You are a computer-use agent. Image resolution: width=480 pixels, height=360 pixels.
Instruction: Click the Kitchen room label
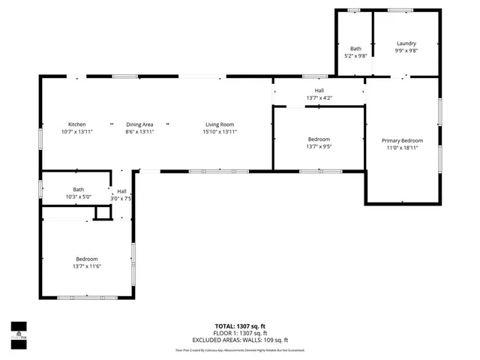tap(77, 124)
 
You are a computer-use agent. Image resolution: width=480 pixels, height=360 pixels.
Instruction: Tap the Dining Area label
tap(139, 124)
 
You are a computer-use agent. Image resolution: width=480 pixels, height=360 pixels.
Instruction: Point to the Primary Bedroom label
tap(402, 141)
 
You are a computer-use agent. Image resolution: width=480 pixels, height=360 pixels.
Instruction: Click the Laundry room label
tap(406, 43)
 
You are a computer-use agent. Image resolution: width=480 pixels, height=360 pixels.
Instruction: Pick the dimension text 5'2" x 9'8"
tap(355, 55)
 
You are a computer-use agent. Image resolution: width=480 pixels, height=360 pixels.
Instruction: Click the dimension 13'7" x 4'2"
tap(319, 98)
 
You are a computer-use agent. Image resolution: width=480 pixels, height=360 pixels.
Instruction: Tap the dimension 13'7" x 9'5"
tap(319, 147)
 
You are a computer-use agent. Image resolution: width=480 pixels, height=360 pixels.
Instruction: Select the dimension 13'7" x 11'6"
tap(87, 266)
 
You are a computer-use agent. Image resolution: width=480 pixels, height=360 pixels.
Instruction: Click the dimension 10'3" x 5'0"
tap(79, 196)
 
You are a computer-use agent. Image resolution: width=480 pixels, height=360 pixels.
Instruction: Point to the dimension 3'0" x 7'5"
tap(122, 199)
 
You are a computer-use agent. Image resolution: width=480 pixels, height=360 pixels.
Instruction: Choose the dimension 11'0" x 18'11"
tap(402, 148)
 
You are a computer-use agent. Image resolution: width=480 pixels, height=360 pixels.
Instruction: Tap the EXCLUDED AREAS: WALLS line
tap(241, 340)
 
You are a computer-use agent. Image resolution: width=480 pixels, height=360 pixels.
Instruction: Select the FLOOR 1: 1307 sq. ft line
tap(241, 334)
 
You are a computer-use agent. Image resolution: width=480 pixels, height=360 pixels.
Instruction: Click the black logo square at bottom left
tap(18, 326)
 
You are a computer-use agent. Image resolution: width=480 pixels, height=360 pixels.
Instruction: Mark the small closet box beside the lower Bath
tap(102, 214)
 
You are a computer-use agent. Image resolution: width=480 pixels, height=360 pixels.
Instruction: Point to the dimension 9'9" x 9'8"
tap(406, 51)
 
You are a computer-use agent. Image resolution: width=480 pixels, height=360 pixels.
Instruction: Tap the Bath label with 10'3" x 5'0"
tap(79, 190)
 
